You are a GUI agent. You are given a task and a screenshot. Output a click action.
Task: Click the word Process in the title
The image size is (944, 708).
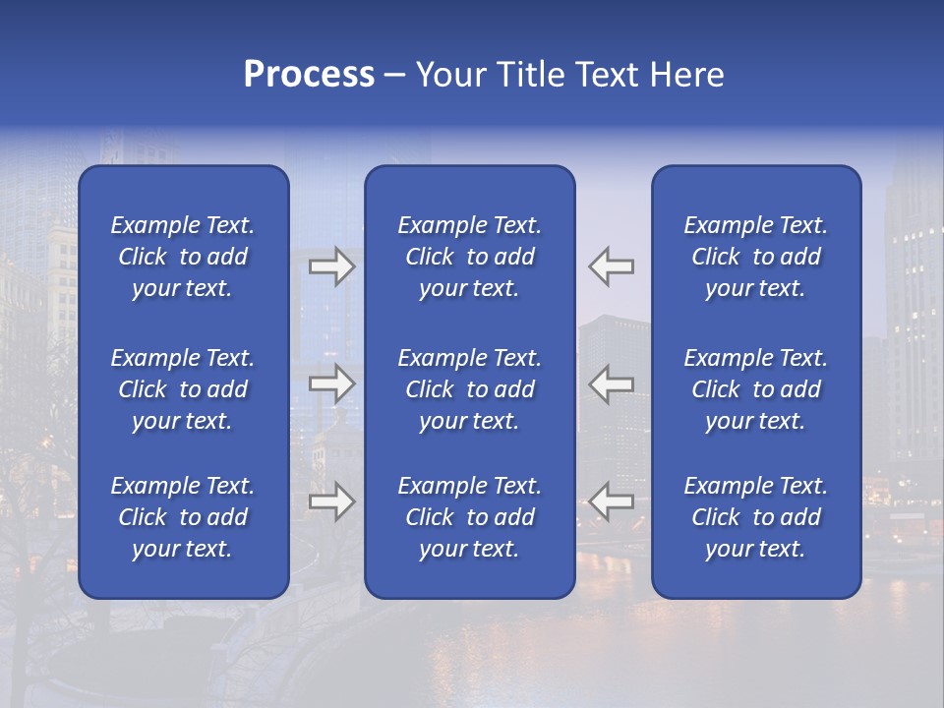point(309,75)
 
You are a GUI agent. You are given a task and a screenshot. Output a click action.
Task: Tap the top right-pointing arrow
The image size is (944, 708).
point(331,266)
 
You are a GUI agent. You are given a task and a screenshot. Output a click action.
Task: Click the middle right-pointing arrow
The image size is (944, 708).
point(331,383)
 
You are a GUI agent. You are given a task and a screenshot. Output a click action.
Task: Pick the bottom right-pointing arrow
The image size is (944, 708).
point(331,501)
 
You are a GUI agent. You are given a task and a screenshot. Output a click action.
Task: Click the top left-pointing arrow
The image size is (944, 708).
point(612,266)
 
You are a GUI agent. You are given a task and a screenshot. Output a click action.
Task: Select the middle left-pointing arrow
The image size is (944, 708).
point(612,383)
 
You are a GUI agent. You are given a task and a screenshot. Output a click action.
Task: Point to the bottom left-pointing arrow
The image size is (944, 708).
point(612,501)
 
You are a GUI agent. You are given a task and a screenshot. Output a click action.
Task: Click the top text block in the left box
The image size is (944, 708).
point(183,257)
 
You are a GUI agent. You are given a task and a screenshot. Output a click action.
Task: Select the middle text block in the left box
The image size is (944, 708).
point(183,389)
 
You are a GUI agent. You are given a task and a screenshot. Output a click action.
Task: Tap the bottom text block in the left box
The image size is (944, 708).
point(183,517)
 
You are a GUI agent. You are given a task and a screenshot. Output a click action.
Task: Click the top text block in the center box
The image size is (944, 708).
point(470,257)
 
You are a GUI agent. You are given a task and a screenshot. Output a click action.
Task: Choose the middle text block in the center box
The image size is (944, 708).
point(470,389)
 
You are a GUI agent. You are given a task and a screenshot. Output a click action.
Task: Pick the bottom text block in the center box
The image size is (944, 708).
point(470,517)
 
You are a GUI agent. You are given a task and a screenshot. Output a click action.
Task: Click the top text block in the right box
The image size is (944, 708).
point(756,257)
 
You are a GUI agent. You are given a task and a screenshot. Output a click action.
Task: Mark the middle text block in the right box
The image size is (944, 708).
point(756,389)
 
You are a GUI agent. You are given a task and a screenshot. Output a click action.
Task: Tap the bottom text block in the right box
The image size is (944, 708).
point(756,517)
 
